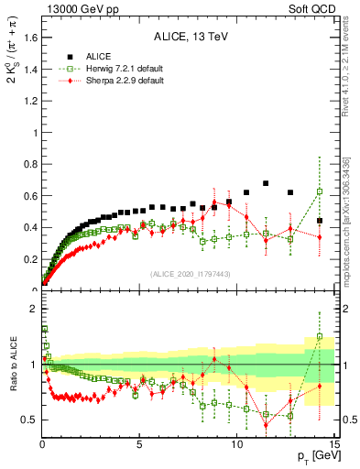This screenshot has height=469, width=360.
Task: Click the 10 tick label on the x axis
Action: (x=236, y=444)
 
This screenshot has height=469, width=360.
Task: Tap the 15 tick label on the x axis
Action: (x=333, y=444)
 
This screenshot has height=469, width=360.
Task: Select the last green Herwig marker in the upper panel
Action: (x=319, y=191)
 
